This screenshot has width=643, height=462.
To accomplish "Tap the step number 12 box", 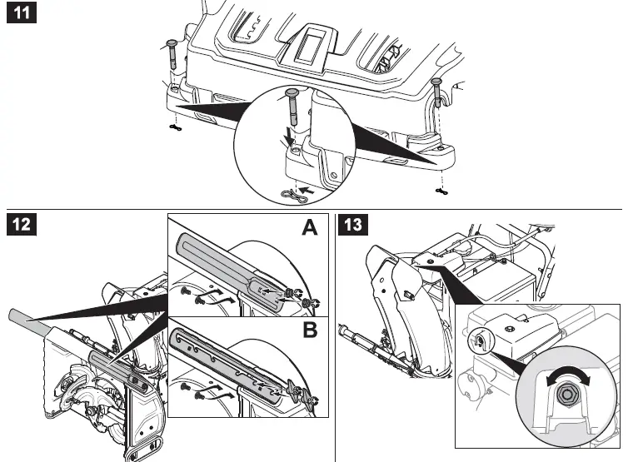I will [x=22, y=226].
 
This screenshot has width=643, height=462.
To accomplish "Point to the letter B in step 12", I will [x=309, y=330].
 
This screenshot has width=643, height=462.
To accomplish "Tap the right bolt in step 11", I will [x=436, y=94].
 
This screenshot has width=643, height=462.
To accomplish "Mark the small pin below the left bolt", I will [x=174, y=128].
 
